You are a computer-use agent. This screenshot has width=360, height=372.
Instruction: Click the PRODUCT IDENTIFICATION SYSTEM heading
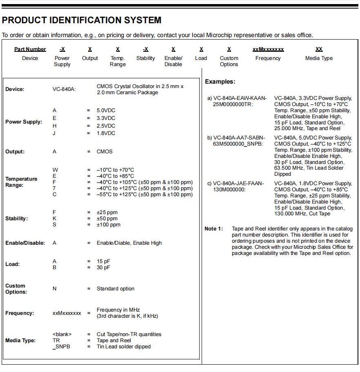tap(82, 20)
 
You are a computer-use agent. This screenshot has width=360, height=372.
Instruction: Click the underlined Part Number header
tap(30, 49)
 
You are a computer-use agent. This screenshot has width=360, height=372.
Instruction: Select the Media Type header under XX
tap(319, 58)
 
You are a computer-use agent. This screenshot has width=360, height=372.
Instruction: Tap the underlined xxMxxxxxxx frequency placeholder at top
tap(268, 49)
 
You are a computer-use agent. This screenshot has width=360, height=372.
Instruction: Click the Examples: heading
tap(220, 82)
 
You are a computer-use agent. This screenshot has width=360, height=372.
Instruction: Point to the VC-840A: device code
tap(64, 89)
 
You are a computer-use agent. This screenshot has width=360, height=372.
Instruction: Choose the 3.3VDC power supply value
tap(106, 118)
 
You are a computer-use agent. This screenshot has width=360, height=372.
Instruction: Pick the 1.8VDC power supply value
tap(106, 133)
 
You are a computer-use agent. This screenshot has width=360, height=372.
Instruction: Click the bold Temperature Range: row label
tap(21, 182)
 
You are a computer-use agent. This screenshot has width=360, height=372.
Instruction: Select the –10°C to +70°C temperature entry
tap(116, 170)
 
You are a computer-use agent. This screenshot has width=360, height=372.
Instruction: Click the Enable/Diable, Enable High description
tap(129, 243)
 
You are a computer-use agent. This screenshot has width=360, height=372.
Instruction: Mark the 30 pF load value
tap(103, 268)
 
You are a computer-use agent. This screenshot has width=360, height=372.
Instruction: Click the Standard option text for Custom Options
tap(116, 289)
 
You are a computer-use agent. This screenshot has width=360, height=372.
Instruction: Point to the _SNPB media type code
tap(62, 347)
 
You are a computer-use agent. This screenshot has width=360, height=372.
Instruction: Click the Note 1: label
tap(214, 229)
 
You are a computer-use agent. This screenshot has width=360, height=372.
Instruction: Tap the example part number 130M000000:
tap(229, 190)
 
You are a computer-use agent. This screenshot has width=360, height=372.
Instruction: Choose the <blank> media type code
tap(62, 334)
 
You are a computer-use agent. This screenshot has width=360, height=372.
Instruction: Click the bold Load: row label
tap(13, 264)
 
